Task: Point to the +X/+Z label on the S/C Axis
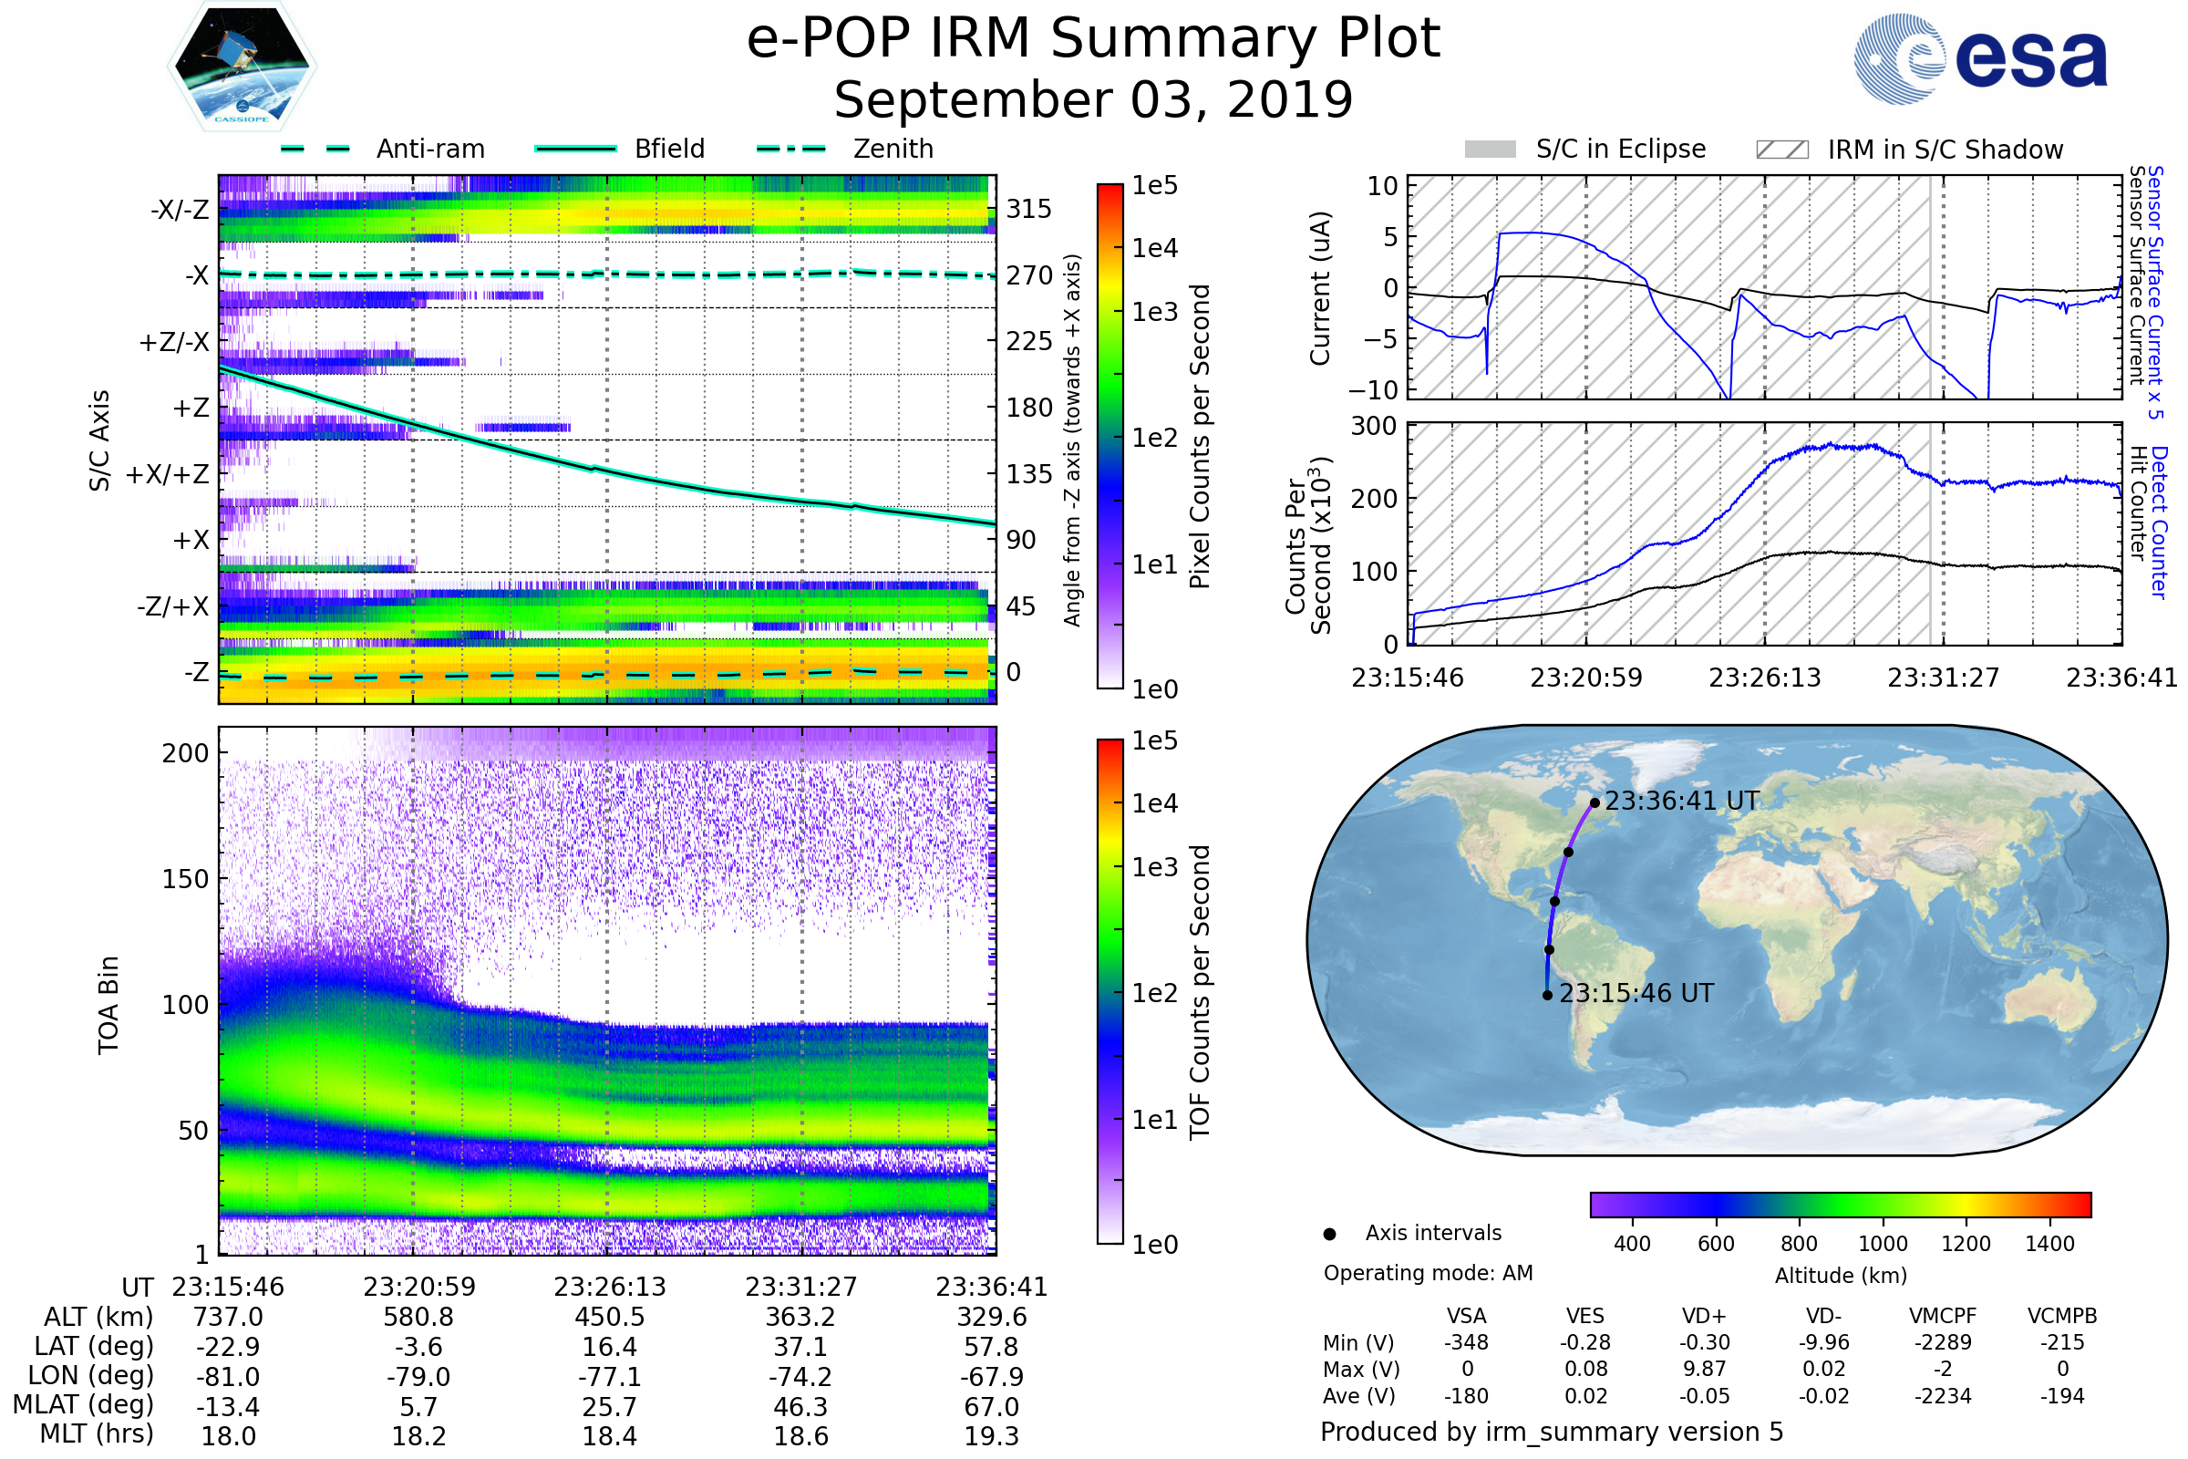click(168, 474)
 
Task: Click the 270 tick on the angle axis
click(1029, 275)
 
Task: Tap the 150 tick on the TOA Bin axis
click(185, 879)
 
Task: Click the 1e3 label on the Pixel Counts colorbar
click(1154, 313)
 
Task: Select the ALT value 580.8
click(418, 1317)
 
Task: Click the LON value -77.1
click(609, 1376)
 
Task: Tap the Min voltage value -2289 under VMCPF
click(1943, 1342)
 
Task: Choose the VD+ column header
click(1704, 1316)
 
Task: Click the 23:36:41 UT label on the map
click(1682, 802)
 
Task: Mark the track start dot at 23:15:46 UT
click(1547, 995)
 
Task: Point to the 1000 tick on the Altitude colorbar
click(1882, 1244)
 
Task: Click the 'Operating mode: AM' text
click(1428, 1273)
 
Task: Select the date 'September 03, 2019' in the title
click(1093, 100)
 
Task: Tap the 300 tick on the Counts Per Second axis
click(1373, 426)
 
